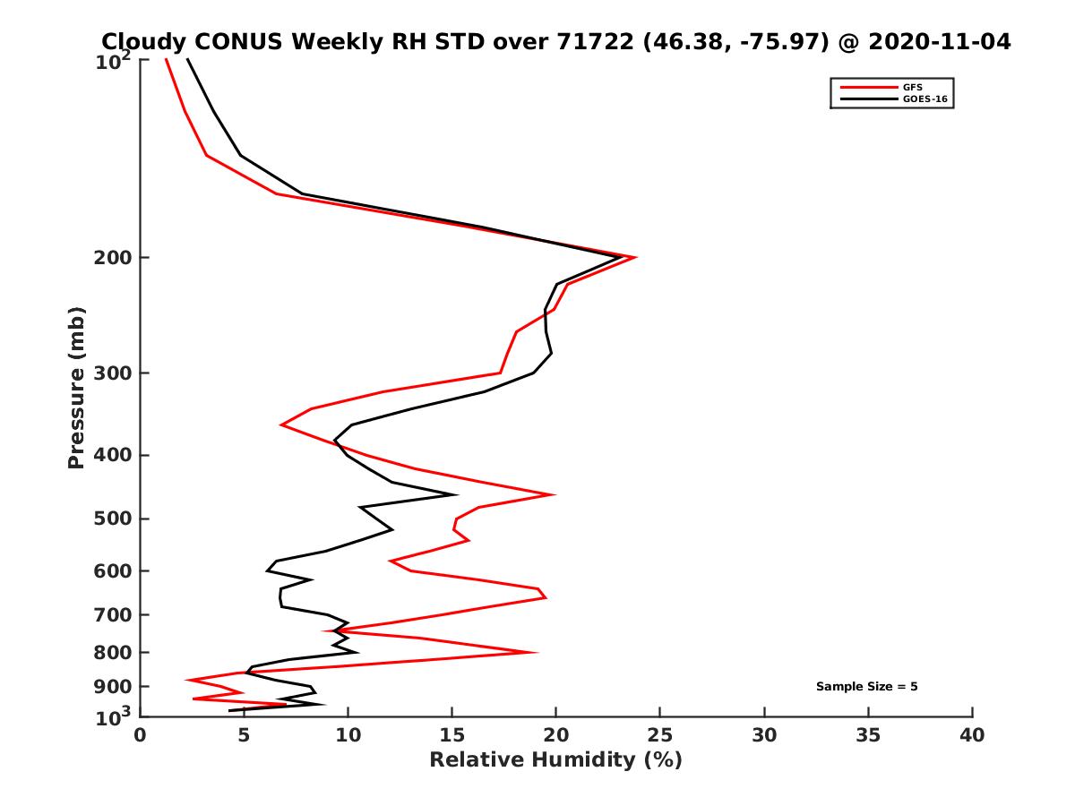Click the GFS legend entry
pos(912,87)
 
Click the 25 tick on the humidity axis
pos(660,735)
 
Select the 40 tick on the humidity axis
pos(972,735)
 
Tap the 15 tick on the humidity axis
pos(451,735)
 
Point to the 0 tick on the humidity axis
pos(140,735)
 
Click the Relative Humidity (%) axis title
pos(555,760)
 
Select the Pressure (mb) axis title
pos(77,388)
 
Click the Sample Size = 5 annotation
pos(866,687)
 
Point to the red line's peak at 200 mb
pos(635,258)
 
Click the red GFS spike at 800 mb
pos(536,652)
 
